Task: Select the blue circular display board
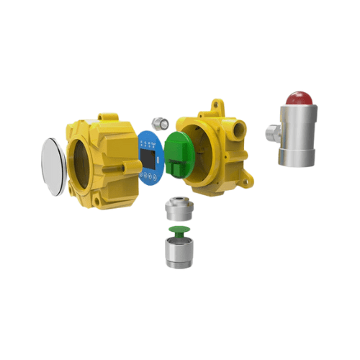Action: point(149,157)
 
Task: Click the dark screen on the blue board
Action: point(148,153)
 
